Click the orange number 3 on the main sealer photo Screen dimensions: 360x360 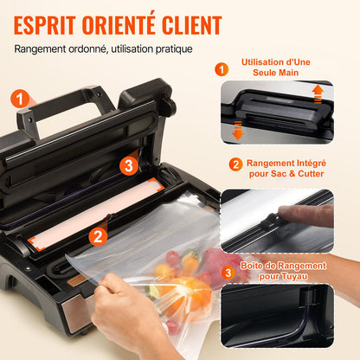[x=128, y=164]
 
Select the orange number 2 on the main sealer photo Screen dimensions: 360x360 [x=98, y=234]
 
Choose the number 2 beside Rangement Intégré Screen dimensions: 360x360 [x=235, y=164]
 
